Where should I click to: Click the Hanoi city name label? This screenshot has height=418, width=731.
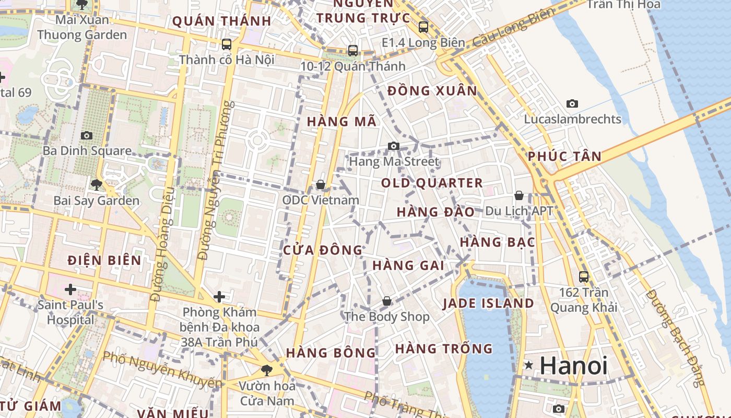point(573,365)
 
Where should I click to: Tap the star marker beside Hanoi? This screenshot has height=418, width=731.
point(529,365)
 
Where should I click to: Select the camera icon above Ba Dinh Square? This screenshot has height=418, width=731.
point(87,136)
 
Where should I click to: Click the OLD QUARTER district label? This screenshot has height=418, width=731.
point(432,183)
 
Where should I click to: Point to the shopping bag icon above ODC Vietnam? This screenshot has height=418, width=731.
point(321,184)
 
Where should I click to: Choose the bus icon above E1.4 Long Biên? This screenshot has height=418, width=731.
point(423,27)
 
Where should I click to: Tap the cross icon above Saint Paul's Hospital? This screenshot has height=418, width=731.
point(70,289)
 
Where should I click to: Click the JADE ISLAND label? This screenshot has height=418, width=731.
point(488,303)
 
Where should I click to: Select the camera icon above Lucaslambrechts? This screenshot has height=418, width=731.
point(572,103)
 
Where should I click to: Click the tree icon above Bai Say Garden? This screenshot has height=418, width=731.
point(96,184)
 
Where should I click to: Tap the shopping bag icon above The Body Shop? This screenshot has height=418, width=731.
point(387,301)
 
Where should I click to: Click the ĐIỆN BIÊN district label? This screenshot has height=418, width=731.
point(104,260)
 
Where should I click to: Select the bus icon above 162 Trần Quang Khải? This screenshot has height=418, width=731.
point(584,277)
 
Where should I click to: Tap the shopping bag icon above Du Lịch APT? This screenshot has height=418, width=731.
point(519,195)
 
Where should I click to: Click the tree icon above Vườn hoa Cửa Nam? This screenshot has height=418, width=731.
point(267,370)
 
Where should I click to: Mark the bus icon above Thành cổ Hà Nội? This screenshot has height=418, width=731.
point(227,44)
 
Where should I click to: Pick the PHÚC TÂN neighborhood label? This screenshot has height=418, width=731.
point(564,156)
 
